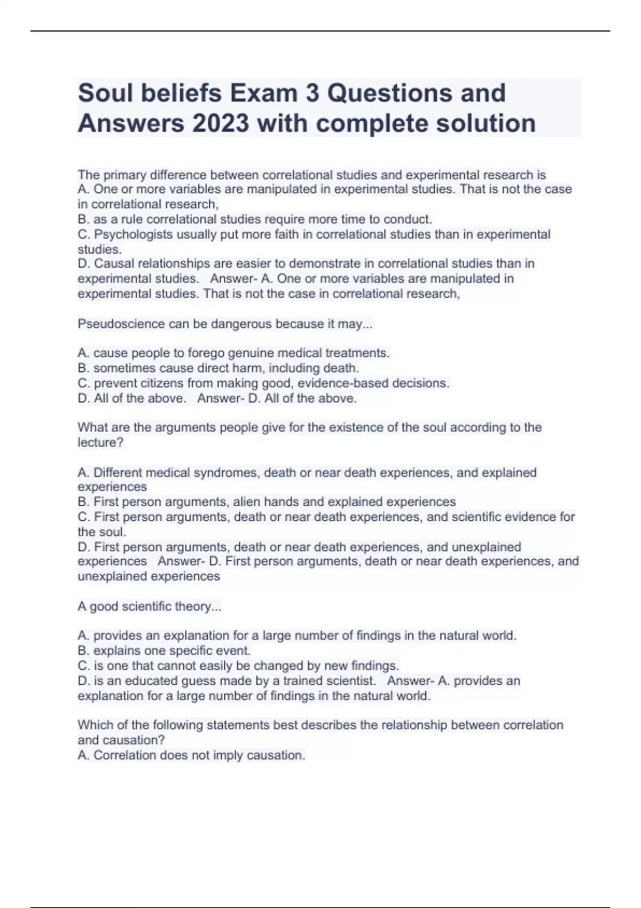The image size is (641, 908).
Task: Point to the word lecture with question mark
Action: coord(100,442)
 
